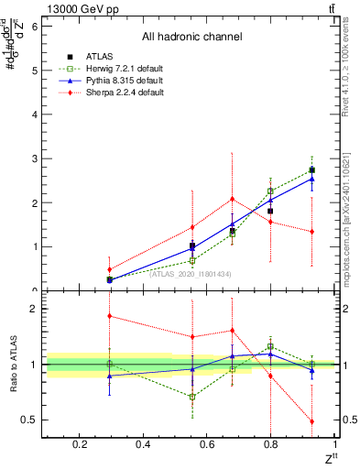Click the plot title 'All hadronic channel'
191,38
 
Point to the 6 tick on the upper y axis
34,26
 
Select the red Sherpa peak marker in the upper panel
233,199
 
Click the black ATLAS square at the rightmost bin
312,170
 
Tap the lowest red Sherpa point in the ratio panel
312,421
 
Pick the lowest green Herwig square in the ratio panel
192,397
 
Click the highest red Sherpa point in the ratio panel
109,316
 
